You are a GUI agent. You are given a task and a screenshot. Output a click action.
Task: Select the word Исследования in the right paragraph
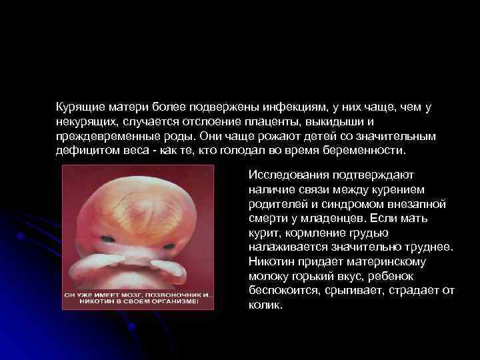(x=287, y=175)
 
